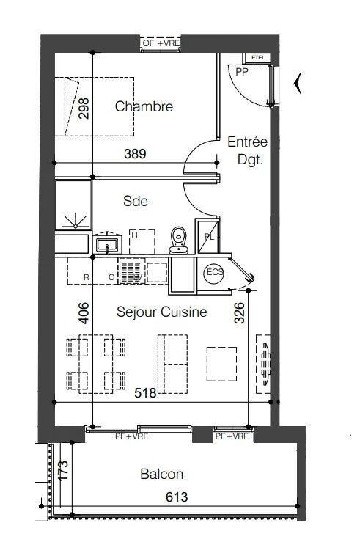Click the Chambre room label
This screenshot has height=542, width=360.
pos(144,106)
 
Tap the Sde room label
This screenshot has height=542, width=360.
pos(136,201)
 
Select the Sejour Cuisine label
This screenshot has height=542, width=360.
pos(161,312)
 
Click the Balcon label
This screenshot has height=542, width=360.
pos(161,475)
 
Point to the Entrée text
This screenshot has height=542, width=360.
pos(247,142)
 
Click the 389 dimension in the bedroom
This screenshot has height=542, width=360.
pos(136,154)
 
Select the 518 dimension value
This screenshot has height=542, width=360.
pos(146,393)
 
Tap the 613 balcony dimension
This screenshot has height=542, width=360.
pos(176,497)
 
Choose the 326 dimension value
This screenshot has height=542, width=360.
pos(238,313)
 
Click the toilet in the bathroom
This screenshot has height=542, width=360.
pos(177,240)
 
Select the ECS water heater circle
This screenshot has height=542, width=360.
pos(213,273)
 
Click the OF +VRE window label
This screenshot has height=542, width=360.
pos(161,44)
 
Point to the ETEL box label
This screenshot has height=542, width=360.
pos(258,57)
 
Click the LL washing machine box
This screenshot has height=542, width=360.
pos(142,240)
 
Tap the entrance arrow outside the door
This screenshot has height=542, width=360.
pos(297,84)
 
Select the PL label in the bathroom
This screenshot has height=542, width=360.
pos(209,237)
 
